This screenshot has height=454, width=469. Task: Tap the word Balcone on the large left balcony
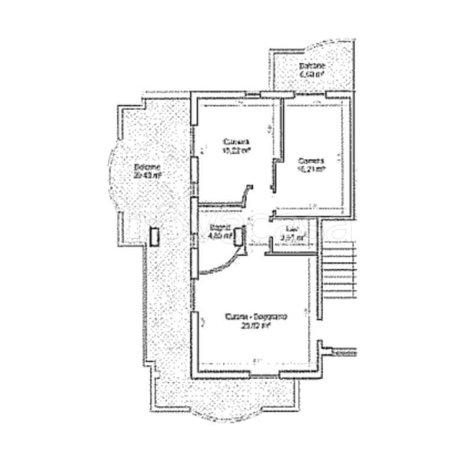click(146, 166)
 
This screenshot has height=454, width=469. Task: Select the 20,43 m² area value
click(147, 175)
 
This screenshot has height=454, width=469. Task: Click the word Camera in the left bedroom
click(236, 142)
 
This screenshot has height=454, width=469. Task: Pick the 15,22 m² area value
click(236, 151)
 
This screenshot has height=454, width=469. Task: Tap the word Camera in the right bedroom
click(311, 160)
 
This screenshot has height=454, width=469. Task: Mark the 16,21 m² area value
click(311, 168)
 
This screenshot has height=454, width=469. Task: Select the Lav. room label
click(291, 229)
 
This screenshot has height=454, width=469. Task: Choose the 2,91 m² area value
click(292, 238)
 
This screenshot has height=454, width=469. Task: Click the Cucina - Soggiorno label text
click(256, 317)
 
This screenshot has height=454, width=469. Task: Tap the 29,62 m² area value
click(256, 326)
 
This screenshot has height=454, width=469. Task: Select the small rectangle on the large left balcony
click(154, 236)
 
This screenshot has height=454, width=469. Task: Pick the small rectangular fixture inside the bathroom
click(239, 236)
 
